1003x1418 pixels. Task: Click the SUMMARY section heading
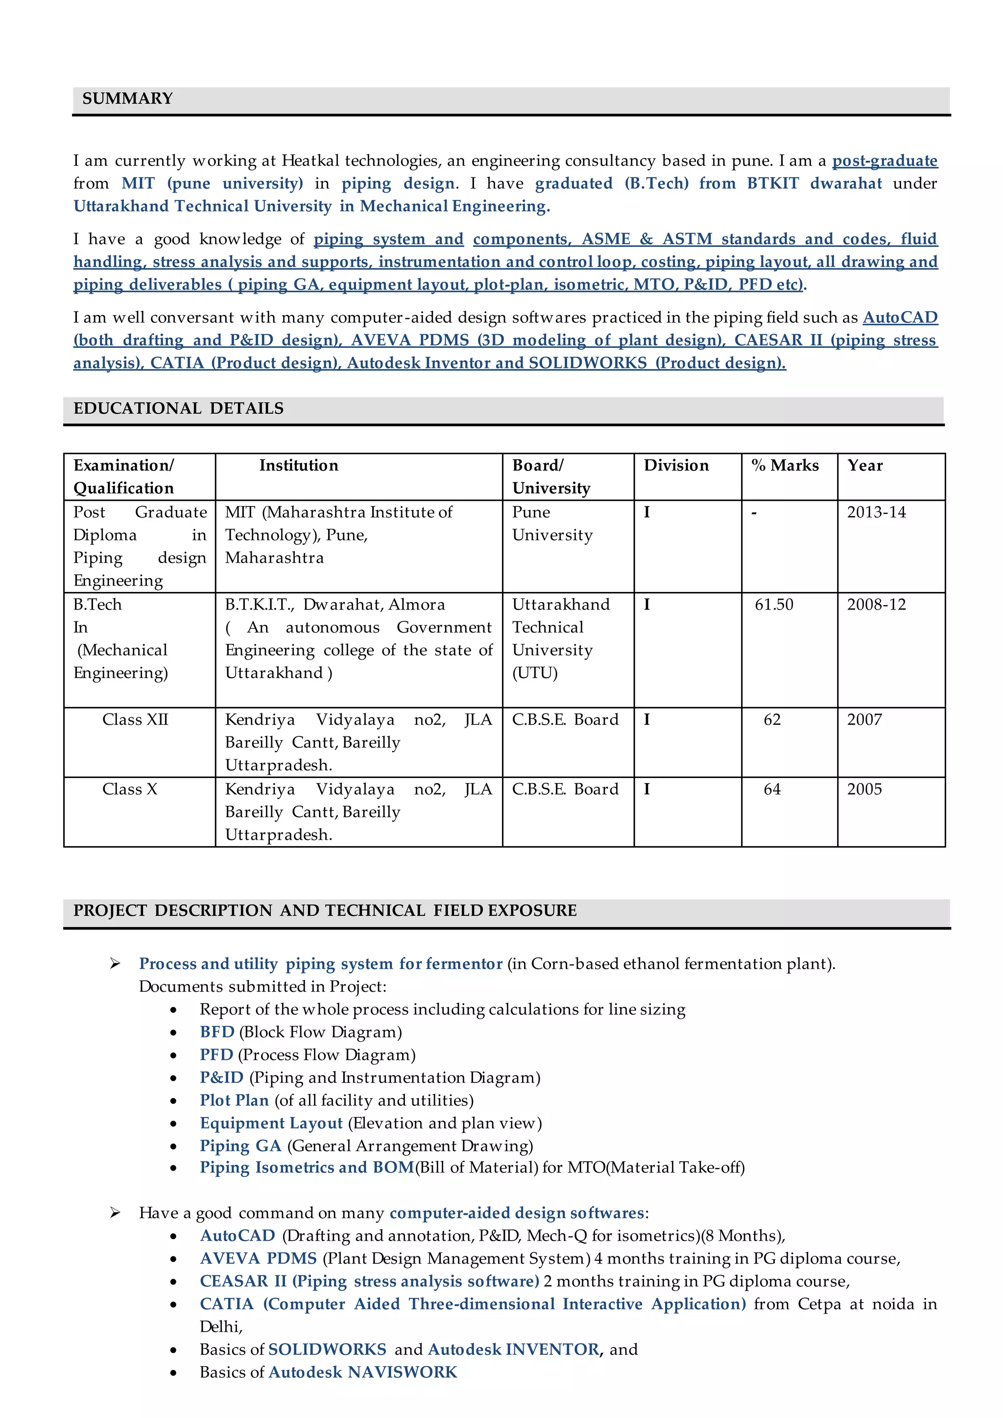(x=127, y=99)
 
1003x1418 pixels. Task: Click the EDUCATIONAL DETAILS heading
(x=178, y=409)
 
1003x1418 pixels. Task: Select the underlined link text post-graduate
(x=884, y=161)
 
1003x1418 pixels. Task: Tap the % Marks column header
(x=785, y=465)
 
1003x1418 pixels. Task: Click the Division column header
(x=676, y=465)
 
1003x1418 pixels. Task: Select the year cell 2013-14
(x=876, y=512)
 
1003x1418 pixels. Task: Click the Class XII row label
(x=135, y=719)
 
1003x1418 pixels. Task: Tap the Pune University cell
(x=551, y=523)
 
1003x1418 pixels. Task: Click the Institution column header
(x=298, y=465)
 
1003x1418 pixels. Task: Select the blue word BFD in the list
(x=217, y=1032)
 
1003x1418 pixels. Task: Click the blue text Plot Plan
(x=234, y=1100)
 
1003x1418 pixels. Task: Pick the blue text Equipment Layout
(x=270, y=1124)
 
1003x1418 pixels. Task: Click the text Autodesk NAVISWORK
(x=362, y=1372)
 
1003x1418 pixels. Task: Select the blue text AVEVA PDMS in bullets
(x=258, y=1259)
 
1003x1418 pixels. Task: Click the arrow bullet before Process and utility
(x=115, y=964)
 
